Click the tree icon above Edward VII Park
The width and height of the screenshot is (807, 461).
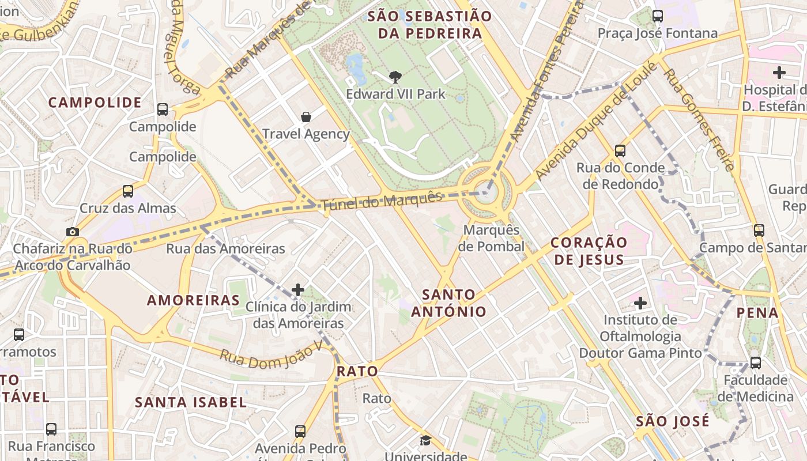[x=395, y=77]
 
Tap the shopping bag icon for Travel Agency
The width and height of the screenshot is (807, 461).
[x=306, y=117]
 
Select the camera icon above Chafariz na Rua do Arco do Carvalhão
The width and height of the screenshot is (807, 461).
[x=72, y=232]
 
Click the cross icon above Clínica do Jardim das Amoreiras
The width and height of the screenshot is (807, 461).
[x=298, y=289]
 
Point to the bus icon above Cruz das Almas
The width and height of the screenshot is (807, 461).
[x=128, y=191]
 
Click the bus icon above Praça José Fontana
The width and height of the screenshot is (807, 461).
[x=658, y=16]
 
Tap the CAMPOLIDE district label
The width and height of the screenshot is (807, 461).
[x=95, y=103]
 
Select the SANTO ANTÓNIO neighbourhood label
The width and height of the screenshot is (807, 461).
[x=449, y=303]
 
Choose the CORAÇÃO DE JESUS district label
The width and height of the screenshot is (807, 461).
[x=589, y=251]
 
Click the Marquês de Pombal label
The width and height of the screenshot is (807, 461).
[x=494, y=239]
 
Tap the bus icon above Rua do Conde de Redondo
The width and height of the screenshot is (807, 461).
[x=620, y=151]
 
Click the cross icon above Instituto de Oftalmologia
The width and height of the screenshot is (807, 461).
[x=640, y=303]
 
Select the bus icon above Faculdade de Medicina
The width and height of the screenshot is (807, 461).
[x=755, y=363]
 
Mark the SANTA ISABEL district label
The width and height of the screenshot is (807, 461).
[x=191, y=402]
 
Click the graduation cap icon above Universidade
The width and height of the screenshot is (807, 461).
[x=425, y=441]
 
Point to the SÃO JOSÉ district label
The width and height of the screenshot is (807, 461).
[x=673, y=421]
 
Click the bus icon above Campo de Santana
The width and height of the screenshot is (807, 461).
[x=759, y=231]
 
